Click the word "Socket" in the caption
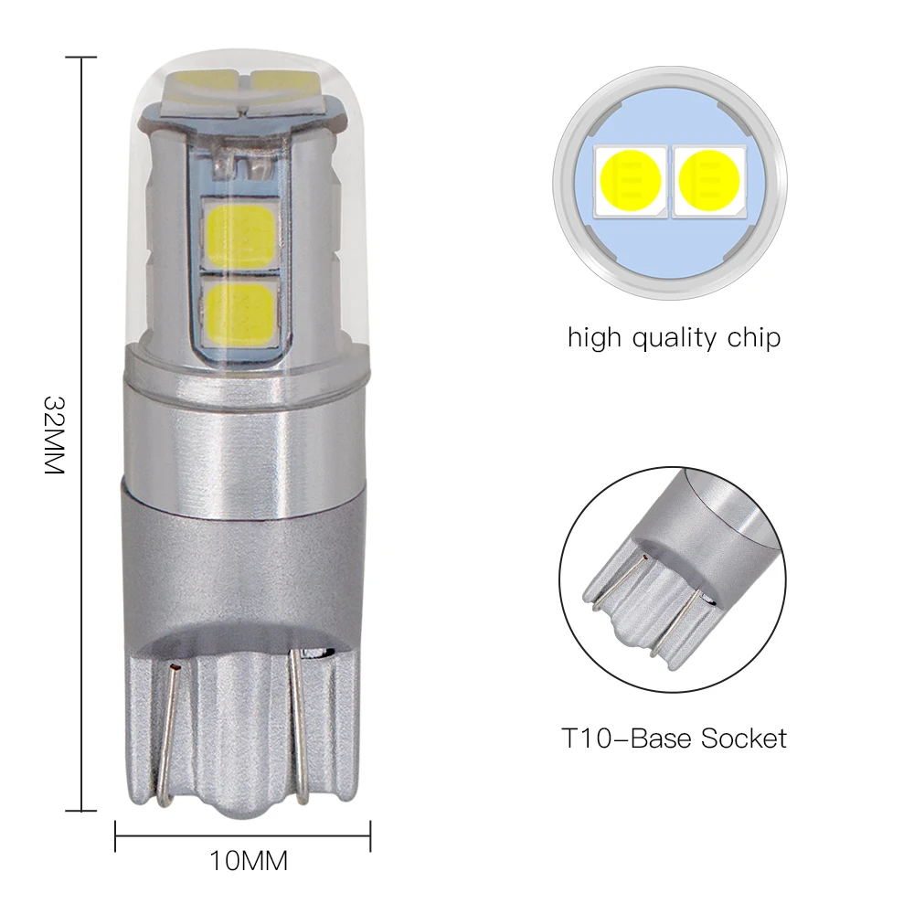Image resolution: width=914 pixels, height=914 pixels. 743,738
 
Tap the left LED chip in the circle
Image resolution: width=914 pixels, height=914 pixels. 631,177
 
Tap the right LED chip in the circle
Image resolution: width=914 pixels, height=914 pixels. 710,177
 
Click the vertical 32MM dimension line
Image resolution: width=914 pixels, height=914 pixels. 83,274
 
